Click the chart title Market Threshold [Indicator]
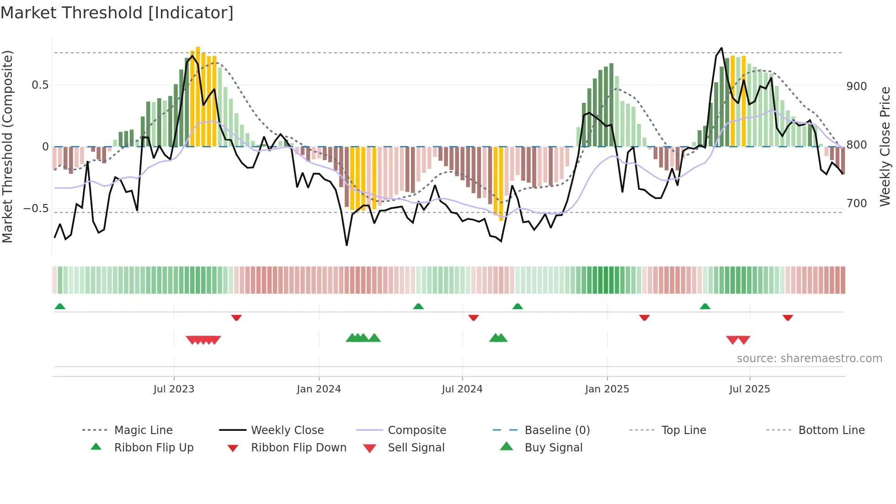coord(117,13)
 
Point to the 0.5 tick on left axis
coord(40,85)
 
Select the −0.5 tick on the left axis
coord(36,209)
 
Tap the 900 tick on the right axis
coord(856,86)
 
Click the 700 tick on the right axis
coord(856,203)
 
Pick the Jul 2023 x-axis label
coord(174,389)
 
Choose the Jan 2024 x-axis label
coord(319,389)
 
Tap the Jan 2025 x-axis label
coord(607,389)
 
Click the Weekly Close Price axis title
coord(885,146)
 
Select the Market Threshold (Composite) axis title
coord(8,146)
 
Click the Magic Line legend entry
coord(143,430)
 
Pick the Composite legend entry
coord(416,430)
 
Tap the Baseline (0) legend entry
coord(557,430)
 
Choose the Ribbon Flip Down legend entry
coord(298,448)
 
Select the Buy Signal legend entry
coord(553,448)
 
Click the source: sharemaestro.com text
coord(809,359)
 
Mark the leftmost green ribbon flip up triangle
coord(60,306)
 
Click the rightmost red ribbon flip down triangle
coord(788,317)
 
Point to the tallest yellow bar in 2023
coord(198,96)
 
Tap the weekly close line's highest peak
coord(721,48)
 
